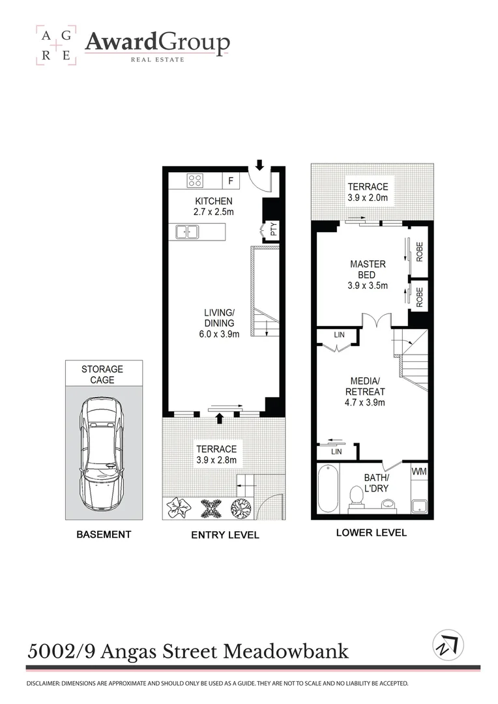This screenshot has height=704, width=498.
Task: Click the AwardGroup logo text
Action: (x=157, y=44)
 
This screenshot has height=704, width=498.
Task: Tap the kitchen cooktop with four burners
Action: (x=195, y=181)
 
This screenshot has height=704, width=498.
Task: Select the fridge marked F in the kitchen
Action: (x=230, y=181)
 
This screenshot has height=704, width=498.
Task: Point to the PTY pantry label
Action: (x=274, y=230)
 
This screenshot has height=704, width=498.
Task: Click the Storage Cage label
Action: (x=102, y=374)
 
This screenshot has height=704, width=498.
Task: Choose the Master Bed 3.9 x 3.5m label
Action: (x=368, y=274)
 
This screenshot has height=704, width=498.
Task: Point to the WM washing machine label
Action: (x=418, y=470)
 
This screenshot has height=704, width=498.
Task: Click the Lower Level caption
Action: (x=371, y=533)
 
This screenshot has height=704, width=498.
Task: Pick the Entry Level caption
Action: (x=225, y=535)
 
